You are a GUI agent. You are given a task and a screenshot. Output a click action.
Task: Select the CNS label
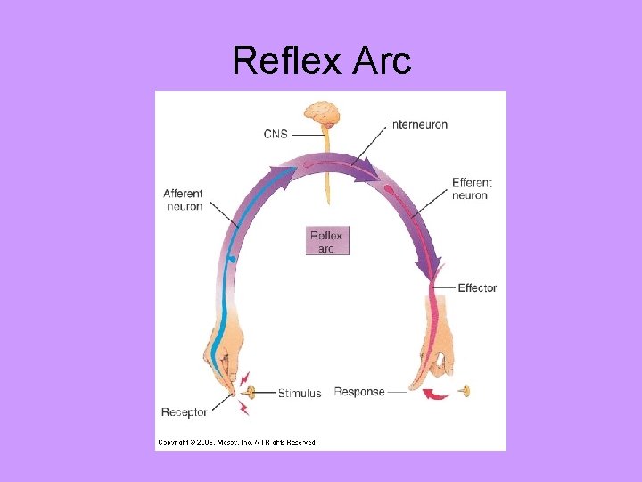click(x=276, y=134)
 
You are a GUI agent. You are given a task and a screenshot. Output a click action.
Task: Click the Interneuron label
click(x=418, y=124)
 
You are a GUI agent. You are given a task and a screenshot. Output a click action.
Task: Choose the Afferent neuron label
click(x=183, y=199)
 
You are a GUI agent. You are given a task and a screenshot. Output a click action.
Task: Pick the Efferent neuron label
click(x=471, y=188)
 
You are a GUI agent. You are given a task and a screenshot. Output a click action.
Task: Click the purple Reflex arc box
click(x=326, y=241)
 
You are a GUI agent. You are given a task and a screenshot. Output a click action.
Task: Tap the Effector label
click(x=476, y=288)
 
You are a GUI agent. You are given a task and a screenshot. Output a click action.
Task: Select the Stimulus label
click(x=299, y=393)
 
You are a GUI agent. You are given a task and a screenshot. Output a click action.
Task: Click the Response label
click(x=358, y=392)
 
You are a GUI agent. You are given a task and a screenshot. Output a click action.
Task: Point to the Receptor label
click(x=184, y=411)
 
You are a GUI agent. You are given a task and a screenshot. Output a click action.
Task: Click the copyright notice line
click(x=236, y=441)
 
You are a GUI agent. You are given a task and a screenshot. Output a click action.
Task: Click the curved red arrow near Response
click(x=436, y=395)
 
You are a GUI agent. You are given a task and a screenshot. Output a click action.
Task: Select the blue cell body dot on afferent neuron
click(x=232, y=260)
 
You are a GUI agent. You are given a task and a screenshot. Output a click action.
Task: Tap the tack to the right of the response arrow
click(x=464, y=391)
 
